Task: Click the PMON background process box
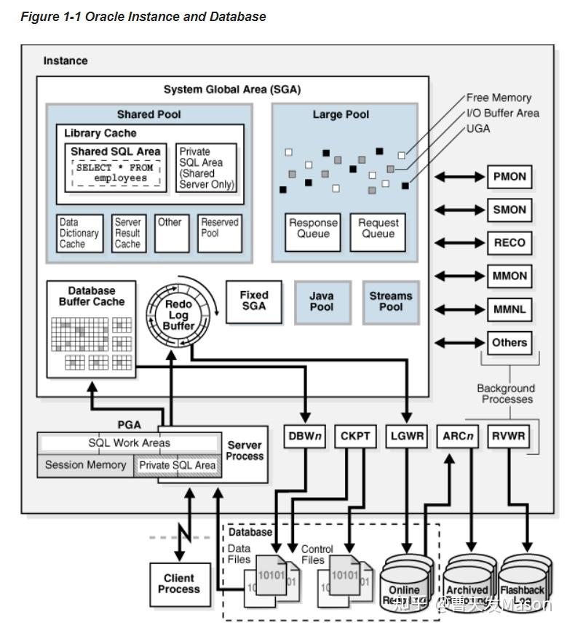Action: click(x=509, y=177)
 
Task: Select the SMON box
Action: click(x=509, y=210)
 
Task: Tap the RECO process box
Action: click(x=509, y=243)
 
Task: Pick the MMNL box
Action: click(x=509, y=309)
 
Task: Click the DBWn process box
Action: click(x=305, y=437)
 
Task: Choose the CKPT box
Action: click(x=356, y=437)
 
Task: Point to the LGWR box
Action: click(x=406, y=437)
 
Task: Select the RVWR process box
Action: click(x=508, y=437)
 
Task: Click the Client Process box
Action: click(x=178, y=584)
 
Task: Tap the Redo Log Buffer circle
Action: click(x=178, y=315)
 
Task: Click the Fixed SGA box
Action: click(x=254, y=301)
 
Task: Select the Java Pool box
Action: click(x=322, y=302)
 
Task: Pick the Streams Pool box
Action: click(x=391, y=302)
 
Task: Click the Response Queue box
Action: click(x=313, y=229)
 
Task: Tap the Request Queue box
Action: click(x=378, y=229)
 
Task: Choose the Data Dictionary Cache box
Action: click(x=79, y=234)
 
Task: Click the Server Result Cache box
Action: click(x=127, y=234)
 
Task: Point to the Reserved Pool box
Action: click(x=220, y=233)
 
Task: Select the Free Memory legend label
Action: click(x=499, y=98)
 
